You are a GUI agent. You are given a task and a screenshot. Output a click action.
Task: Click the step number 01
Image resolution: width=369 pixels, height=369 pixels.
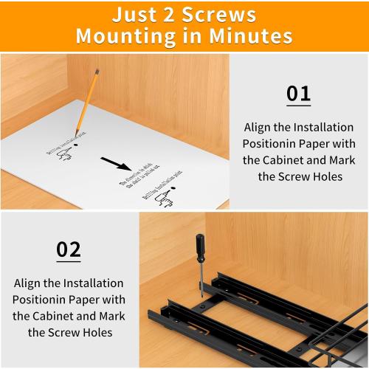298,94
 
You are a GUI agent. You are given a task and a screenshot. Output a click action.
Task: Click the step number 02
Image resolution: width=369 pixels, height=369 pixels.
69,249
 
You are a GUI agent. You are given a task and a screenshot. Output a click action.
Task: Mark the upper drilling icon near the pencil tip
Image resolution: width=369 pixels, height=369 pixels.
65,152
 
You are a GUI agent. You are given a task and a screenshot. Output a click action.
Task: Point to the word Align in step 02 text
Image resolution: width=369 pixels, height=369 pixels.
32,283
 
